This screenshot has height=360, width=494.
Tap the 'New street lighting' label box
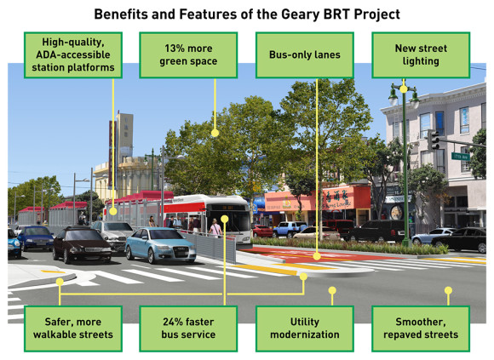coord(419,55)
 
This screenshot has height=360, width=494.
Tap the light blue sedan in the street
coord(160,245)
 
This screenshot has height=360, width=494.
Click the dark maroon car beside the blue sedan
coord(82,244)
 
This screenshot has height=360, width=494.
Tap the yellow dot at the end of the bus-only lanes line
coord(316,255)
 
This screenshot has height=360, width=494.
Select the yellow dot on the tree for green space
coord(215,133)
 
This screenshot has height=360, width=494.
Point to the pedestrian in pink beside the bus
coord(215,228)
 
